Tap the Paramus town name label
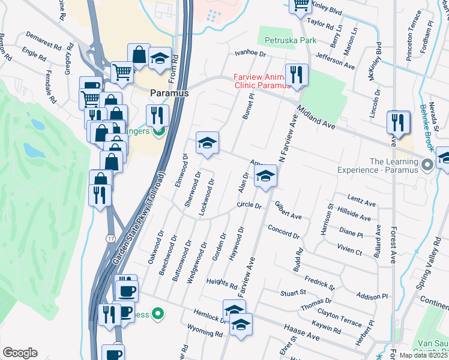point(169,94)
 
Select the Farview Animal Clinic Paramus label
point(263,81)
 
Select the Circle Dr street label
point(250,206)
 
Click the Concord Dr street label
point(279,229)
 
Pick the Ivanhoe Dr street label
point(250,53)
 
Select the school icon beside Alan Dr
point(265,176)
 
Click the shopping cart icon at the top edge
point(301,5)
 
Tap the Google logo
point(20,353)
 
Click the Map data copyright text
point(423,355)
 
